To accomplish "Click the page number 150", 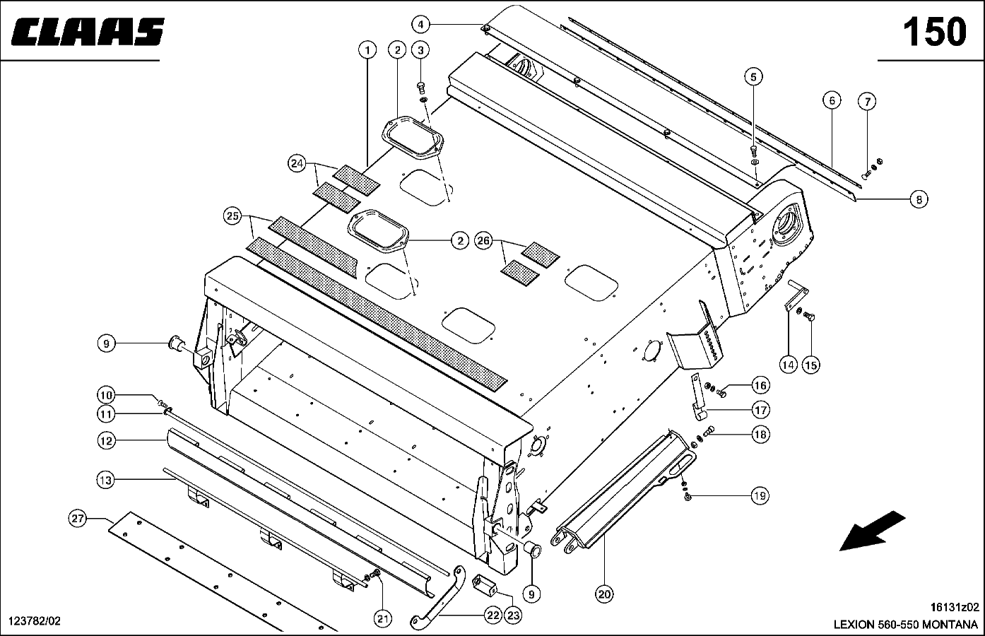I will [x=934, y=33].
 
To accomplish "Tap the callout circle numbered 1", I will [x=367, y=50].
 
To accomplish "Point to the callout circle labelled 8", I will [x=918, y=200].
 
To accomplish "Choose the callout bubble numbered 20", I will [x=604, y=594].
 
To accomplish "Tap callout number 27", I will [x=78, y=519].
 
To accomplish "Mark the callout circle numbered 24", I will [x=297, y=164].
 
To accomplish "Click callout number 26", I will [x=483, y=240].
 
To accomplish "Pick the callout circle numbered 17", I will [x=760, y=409].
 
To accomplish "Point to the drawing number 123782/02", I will [x=34, y=621].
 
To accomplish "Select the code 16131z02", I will [x=955, y=606].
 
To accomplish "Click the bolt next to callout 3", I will [x=420, y=88].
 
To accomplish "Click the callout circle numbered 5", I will [x=753, y=76].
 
